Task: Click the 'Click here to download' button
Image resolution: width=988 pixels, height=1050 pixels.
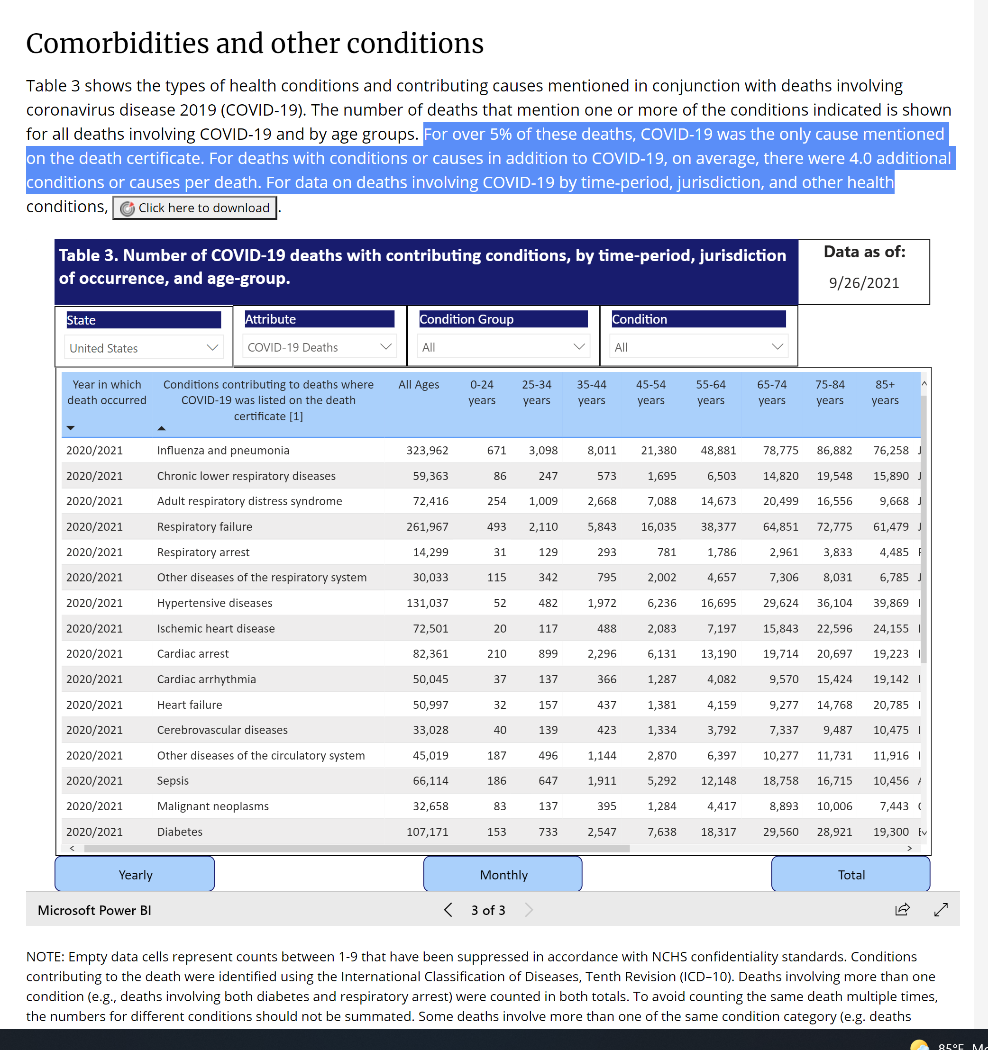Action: (x=194, y=208)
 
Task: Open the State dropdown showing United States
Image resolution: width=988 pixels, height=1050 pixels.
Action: (x=143, y=347)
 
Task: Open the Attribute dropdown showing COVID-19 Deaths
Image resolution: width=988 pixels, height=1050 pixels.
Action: (x=319, y=347)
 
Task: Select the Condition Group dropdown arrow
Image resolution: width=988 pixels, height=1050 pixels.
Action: (x=578, y=347)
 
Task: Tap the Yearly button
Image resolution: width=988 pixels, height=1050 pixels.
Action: (x=135, y=875)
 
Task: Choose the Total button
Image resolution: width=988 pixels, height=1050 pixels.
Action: (x=851, y=875)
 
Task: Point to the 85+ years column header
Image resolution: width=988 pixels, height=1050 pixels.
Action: (x=885, y=392)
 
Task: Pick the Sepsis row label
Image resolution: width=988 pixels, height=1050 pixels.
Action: (x=173, y=781)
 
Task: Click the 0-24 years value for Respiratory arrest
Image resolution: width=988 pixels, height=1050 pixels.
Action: (x=499, y=552)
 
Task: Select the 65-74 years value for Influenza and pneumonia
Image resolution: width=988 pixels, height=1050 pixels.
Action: (x=780, y=451)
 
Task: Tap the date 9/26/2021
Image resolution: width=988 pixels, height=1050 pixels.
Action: (x=863, y=283)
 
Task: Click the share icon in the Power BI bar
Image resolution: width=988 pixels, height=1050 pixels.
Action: (x=902, y=909)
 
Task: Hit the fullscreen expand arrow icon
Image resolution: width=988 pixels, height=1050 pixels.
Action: (x=941, y=909)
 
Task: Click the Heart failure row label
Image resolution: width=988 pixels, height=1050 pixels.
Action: (x=189, y=705)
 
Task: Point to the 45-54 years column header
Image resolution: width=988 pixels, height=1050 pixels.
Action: (x=650, y=392)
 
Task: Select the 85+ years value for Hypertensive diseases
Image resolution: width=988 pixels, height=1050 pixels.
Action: (x=890, y=603)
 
